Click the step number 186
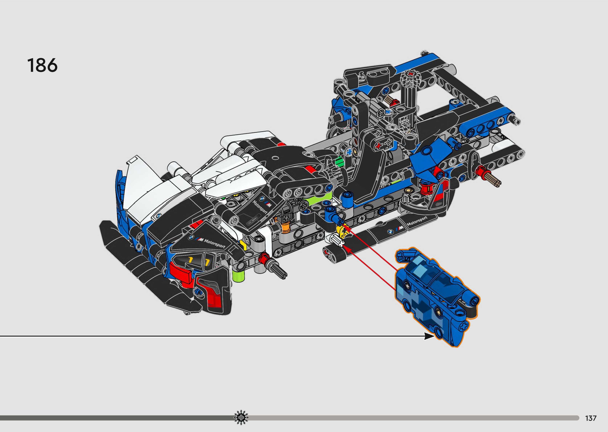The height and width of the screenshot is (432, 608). point(42,65)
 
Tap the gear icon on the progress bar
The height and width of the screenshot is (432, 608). point(241,418)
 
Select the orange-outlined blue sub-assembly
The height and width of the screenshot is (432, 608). point(437,297)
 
